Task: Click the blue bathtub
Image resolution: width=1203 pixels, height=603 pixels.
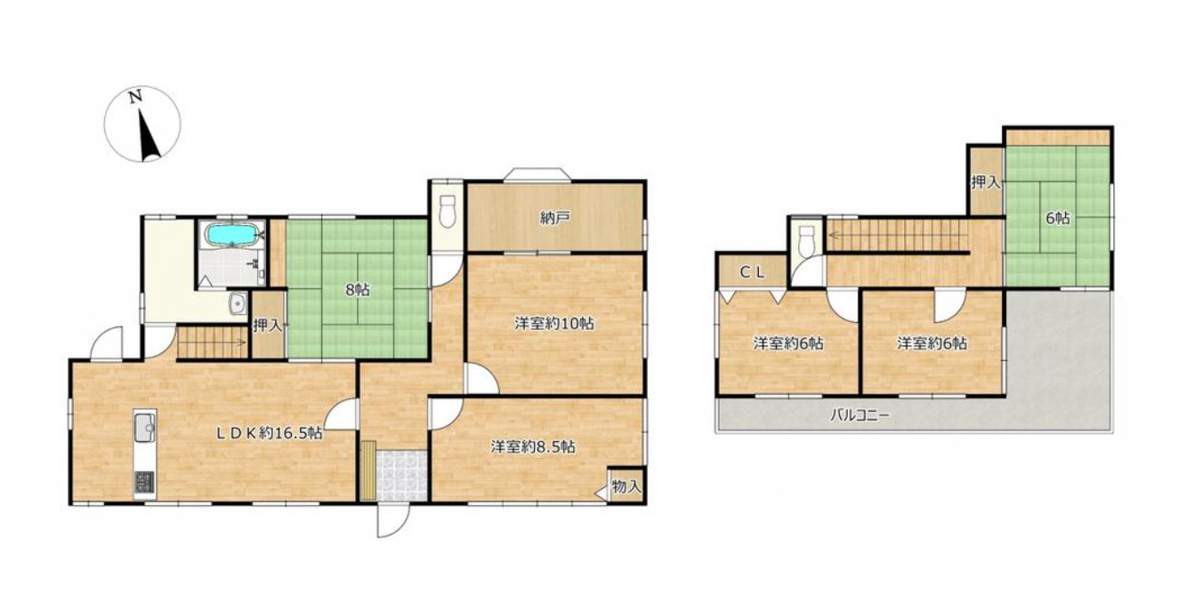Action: [x=231, y=235]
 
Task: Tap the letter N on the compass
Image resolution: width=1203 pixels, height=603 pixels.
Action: [x=135, y=97]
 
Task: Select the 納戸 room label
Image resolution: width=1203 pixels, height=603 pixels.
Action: [x=554, y=218]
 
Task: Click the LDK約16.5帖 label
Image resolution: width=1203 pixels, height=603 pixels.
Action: [x=269, y=433]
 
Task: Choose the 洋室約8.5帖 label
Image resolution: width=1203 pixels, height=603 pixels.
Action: [x=533, y=446]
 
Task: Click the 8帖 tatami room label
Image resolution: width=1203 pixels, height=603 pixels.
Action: [x=357, y=291]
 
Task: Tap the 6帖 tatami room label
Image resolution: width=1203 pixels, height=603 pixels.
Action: [x=1057, y=218]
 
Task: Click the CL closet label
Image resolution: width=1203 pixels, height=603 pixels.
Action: [x=753, y=273]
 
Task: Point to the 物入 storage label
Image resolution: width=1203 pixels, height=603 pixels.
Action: [x=626, y=487]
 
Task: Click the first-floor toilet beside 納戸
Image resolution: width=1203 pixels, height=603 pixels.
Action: [x=447, y=211]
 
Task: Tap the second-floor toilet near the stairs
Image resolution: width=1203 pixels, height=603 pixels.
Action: [x=807, y=242]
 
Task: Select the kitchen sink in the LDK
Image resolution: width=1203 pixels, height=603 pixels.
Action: [x=144, y=429]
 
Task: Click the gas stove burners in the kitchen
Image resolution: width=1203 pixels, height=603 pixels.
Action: [x=144, y=482]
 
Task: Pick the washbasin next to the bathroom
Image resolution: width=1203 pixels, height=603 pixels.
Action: [x=237, y=305]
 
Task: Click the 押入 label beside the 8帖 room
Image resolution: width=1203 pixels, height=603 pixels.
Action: [x=268, y=326]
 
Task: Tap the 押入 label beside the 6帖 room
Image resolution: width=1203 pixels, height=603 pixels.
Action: [x=986, y=182]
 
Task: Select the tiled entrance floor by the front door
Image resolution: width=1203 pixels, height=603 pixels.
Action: [x=401, y=476]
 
